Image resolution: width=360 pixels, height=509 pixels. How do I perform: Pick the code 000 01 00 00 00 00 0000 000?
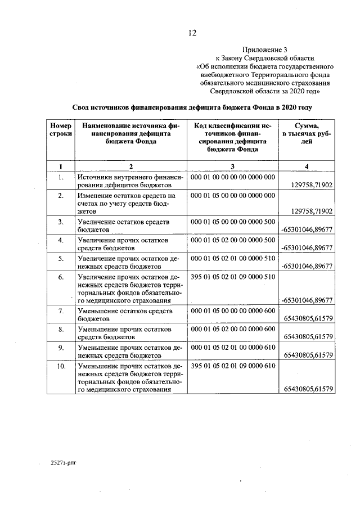(x=233, y=177)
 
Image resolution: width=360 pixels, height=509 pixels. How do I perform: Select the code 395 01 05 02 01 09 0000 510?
(x=233, y=277)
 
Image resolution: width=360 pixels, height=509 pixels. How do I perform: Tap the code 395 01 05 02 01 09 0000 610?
(x=233, y=366)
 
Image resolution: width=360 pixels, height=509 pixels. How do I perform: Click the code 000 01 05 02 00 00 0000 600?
(x=233, y=329)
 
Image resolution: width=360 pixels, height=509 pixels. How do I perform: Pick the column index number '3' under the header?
(x=232, y=166)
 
